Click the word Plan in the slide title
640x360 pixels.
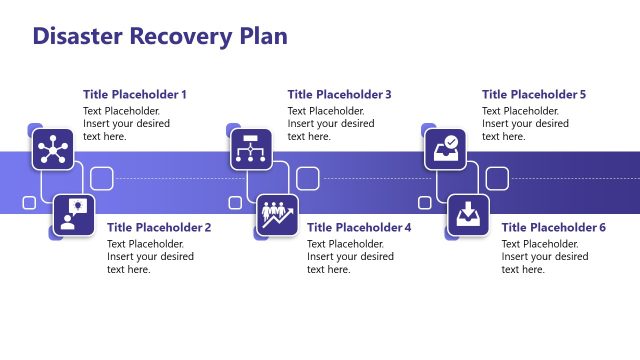click(x=262, y=36)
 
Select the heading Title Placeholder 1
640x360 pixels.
click(x=134, y=94)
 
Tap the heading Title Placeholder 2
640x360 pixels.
click(x=159, y=227)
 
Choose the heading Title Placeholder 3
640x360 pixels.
click(x=339, y=94)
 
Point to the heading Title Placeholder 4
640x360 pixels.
click(x=359, y=227)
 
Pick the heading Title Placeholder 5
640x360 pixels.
click(x=534, y=94)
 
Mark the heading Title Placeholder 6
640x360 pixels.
click(x=553, y=227)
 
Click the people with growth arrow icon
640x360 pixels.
click(x=277, y=215)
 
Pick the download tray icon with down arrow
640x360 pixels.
click(x=468, y=215)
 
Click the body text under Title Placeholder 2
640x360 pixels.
click(x=150, y=256)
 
